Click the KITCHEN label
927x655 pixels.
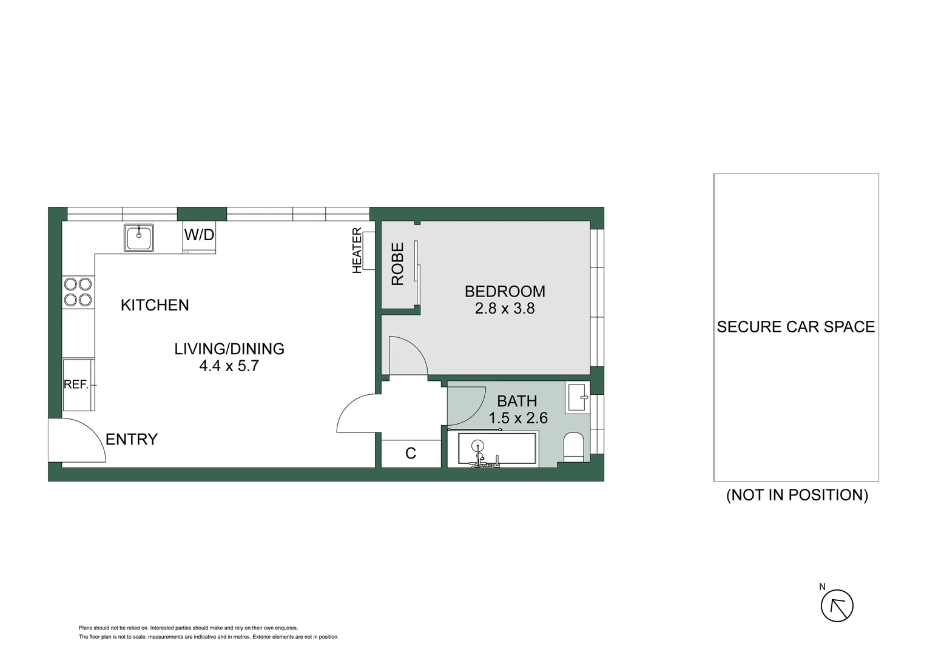click(x=155, y=304)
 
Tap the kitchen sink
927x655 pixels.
click(x=139, y=237)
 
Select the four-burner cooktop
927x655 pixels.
click(x=78, y=292)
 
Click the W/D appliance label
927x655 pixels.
click(x=199, y=235)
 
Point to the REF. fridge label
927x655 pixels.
click(x=76, y=385)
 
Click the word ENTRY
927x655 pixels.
click(x=132, y=439)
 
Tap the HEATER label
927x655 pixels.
click(x=357, y=250)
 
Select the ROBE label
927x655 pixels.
click(x=397, y=264)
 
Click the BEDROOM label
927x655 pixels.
click(x=505, y=291)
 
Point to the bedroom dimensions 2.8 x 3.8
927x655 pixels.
click(x=505, y=309)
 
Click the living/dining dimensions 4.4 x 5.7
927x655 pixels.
click(x=229, y=366)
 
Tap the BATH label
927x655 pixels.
click(x=517, y=401)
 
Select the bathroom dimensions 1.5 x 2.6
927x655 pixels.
click(x=518, y=418)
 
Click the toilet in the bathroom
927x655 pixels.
click(x=573, y=447)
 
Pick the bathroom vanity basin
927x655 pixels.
click(x=577, y=398)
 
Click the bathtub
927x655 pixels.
click(x=497, y=449)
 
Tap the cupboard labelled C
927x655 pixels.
click(x=411, y=453)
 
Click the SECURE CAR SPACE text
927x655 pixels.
click(x=796, y=327)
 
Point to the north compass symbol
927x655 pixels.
click(x=837, y=605)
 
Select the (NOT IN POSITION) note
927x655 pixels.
click(x=797, y=495)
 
